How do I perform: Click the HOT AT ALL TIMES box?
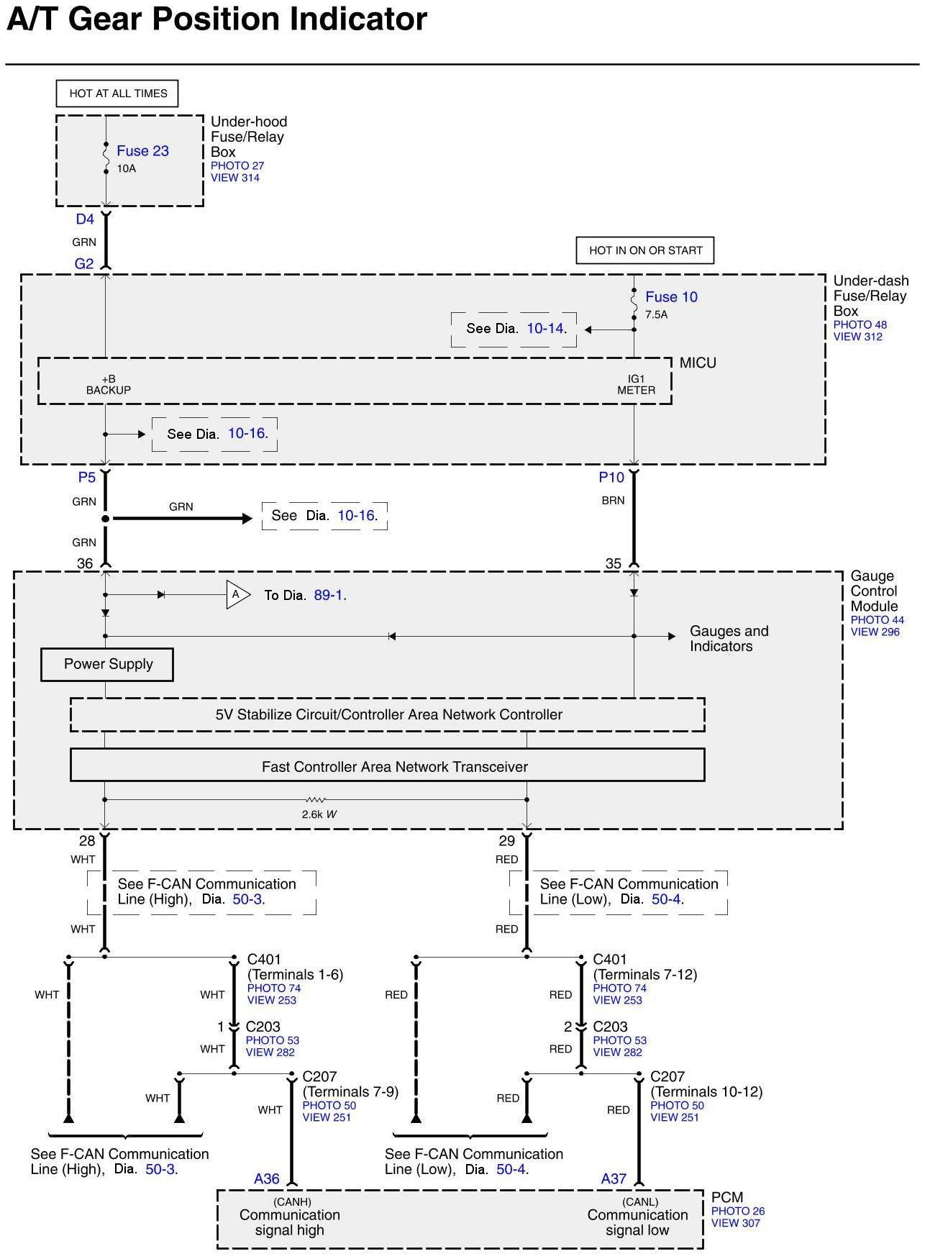[x=117, y=94]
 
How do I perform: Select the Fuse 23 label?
[x=142, y=151]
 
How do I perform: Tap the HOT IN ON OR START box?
[x=645, y=250]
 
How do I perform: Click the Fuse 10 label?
[x=671, y=297]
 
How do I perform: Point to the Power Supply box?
[x=107, y=665]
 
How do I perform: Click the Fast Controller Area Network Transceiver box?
[x=387, y=765]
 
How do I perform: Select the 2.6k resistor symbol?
[x=315, y=799]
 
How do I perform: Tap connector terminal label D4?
[x=85, y=219]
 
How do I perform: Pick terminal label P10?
[x=611, y=478]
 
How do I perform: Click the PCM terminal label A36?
[x=266, y=1178]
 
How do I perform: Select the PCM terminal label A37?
[x=614, y=1178]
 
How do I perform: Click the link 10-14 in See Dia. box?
[x=545, y=329]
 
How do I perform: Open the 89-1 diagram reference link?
[x=329, y=596]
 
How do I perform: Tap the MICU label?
[x=698, y=363]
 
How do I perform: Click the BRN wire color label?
[x=613, y=501]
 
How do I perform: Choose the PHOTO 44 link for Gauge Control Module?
[x=877, y=620]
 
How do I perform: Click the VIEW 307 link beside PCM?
[x=736, y=1223]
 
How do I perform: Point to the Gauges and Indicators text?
[x=729, y=639]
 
